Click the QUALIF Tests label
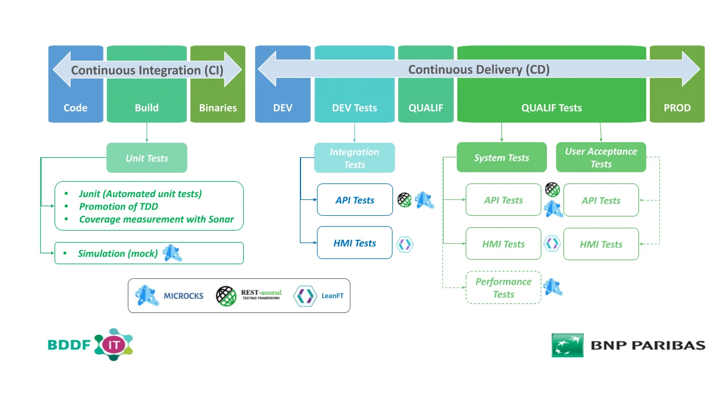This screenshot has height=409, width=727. [x=551, y=107]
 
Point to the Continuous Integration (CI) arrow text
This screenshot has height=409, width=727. [x=147, y=70]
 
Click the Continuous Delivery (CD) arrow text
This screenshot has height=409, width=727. [x=479, y=70]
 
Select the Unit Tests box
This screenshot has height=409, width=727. [x=147, y=158]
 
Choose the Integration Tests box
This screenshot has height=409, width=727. [x=354, y=158]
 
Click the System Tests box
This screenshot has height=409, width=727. [x=502, y=157]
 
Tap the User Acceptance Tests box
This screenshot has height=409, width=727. [x=601, y=157]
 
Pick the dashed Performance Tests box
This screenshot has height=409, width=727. [x=503, y=288]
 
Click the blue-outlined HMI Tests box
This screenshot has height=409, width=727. [x=354, y=243]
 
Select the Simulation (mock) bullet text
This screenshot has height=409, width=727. [x=118, y=253]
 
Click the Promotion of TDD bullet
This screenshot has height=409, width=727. [x=118, y=206]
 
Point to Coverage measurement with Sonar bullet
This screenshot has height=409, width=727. [x=156, y=219]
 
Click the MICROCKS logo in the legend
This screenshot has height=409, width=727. [x=147, y=295]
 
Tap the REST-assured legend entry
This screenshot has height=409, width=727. [x=249, y=295]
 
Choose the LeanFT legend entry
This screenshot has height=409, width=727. [x=319, y=295]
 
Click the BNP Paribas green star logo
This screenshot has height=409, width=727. [x=567, y=345]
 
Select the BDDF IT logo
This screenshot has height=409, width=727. [x=90, y=344]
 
